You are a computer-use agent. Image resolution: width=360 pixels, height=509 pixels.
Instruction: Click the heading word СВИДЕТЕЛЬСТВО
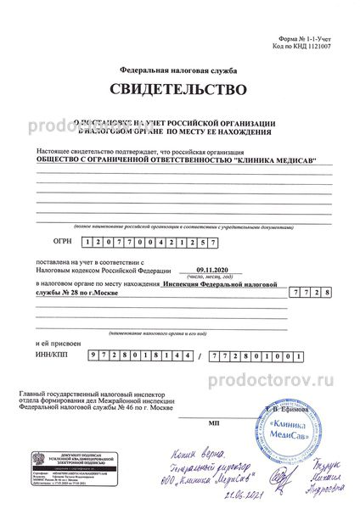point(179,88)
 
